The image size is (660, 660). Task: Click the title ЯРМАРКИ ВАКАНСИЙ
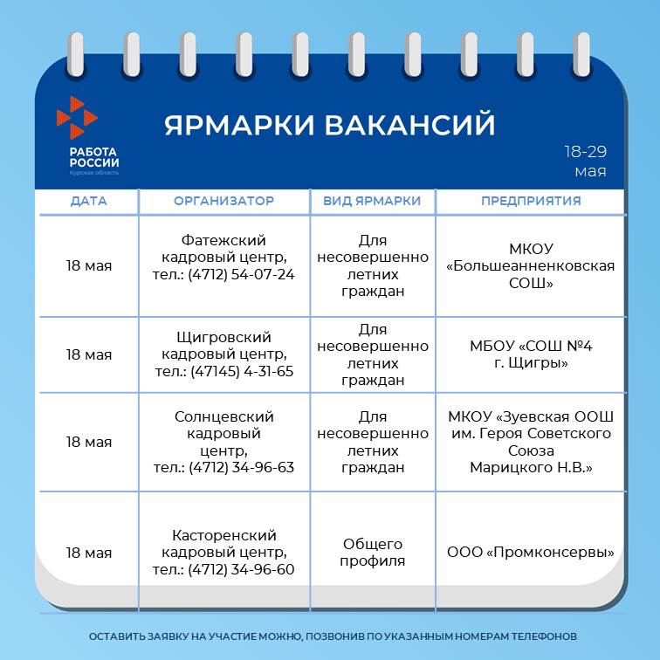[330, 125]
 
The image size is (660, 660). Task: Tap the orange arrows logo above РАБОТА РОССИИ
[77, 118]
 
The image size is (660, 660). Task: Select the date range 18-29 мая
[586, 162]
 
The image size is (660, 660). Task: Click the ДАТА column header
[88, 201]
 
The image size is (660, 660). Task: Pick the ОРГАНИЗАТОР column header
[223, 201]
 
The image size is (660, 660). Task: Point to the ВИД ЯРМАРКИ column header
[372, 201]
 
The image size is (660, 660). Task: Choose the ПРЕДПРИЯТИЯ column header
[531, 201]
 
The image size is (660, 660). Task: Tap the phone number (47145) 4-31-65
[242, 372]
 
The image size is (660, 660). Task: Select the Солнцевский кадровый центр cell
[223, 442]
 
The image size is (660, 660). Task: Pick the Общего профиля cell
[373, 553]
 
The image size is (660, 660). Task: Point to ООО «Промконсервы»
[531, 553]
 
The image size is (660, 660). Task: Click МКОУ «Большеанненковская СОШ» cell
[531, 265]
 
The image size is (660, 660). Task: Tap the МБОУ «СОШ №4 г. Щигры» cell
[531, 354]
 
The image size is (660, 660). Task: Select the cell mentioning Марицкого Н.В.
[531, 442]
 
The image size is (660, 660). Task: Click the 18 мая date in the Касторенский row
[89, 553]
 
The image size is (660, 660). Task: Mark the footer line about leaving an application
[333, 636]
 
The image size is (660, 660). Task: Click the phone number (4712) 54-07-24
[241, 274]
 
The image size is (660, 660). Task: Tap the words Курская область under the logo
[94, 173]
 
